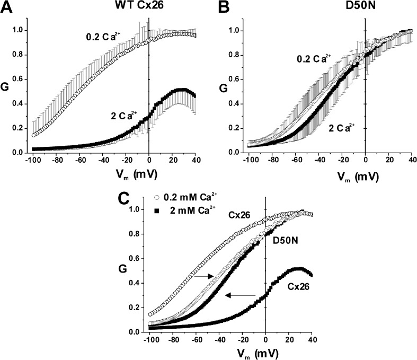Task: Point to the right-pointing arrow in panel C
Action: pos(203,276)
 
